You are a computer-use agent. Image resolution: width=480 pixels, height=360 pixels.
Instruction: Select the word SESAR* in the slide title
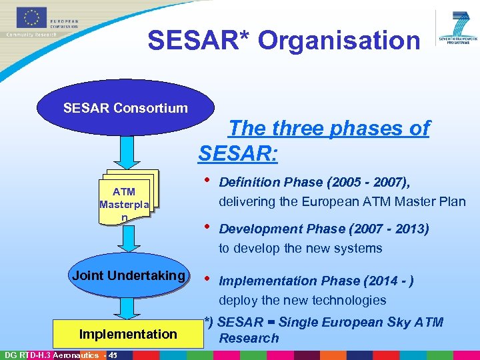(x=199, y=40)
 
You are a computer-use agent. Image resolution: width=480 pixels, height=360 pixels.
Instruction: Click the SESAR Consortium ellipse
(x=125, y=108)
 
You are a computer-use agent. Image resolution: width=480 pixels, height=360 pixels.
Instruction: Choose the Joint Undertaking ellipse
(x=129, y=276)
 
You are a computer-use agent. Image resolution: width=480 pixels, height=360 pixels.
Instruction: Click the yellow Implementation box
(x=128, y=333)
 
